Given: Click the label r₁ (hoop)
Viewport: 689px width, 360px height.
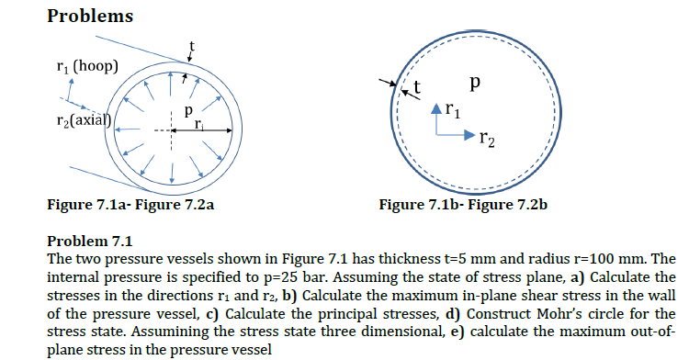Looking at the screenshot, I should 81,66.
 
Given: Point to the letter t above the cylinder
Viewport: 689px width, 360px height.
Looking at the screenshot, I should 192,45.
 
